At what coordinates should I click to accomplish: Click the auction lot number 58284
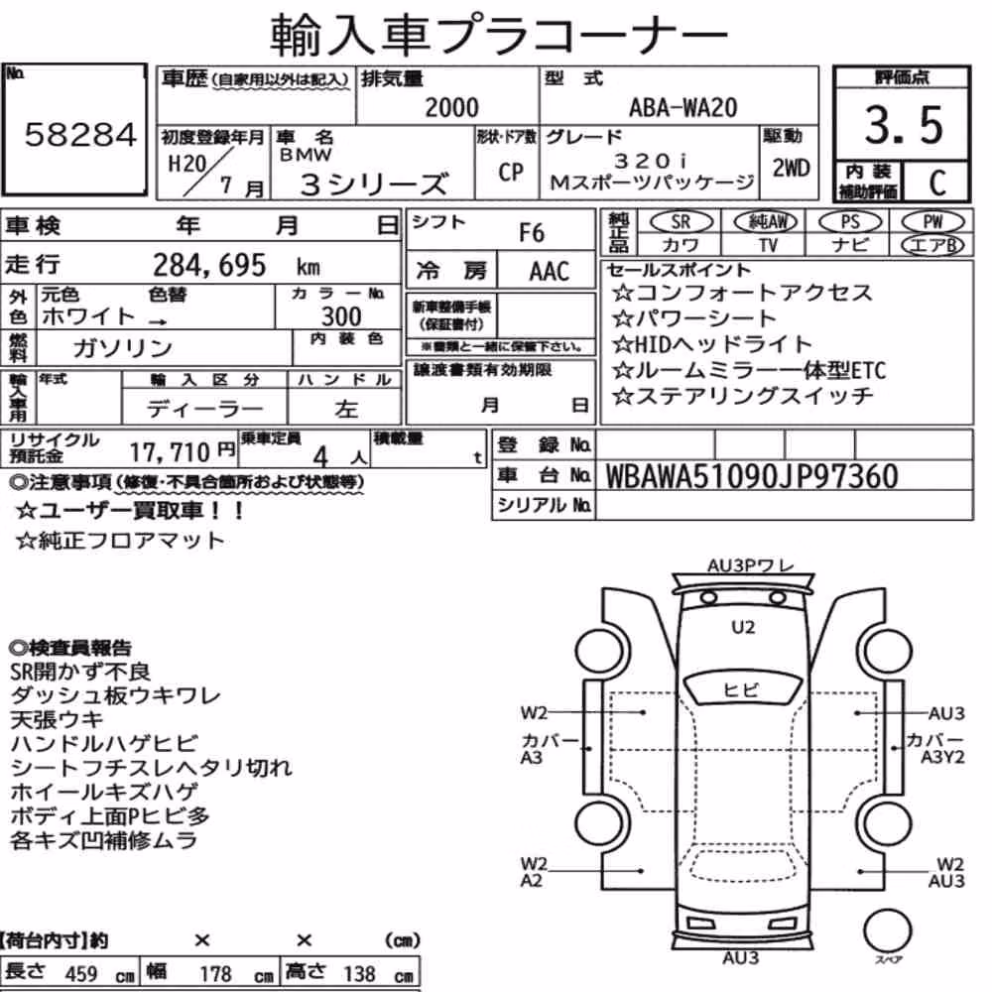pyautogui.click(x=80, y=134)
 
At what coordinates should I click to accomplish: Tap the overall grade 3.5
pyautogui.click(x=904, y=125)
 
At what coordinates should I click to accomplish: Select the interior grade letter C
pyautogui.click(x=937, y=183)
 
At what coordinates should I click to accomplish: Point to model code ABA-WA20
pyautogui.click(x=682, y=107)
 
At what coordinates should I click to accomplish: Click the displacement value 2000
pyautogui.click(x=451, y=107)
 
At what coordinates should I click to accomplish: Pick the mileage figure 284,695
pyautogui.click(x=209, y=265)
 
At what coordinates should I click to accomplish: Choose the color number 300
pyautogui.click(x=341, y=316)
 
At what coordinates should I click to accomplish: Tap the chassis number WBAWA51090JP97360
pyautogui.click(x=752, y=476)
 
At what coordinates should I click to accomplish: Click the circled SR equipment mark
pyautogui.click(x=682, y=222)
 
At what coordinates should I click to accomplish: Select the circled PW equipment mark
pyautogui.click(x=932, y=222)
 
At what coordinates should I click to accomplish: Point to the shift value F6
pyautogui.click(x=532, y=233)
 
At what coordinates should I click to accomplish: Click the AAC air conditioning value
pyautogui.click(x=550, y=272)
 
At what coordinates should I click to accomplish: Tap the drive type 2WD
pyautogui.click(x=791, y=169)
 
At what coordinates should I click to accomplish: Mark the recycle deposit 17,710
pyautogui.click(x=170, y=451)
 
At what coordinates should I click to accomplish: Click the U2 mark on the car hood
pyautogui.click(x=743, y=627)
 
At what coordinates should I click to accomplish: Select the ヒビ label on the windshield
pyautogui.click(x=740, y=689)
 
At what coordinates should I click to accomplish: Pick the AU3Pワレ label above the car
pyautogui.click(x=749, y=565)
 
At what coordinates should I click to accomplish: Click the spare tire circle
pyautogui.click(x=887, y=931)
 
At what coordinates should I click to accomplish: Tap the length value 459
pyautogui.click(x=81, y=974)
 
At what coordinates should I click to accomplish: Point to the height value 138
pyautogui.click(x=359, y=974)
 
